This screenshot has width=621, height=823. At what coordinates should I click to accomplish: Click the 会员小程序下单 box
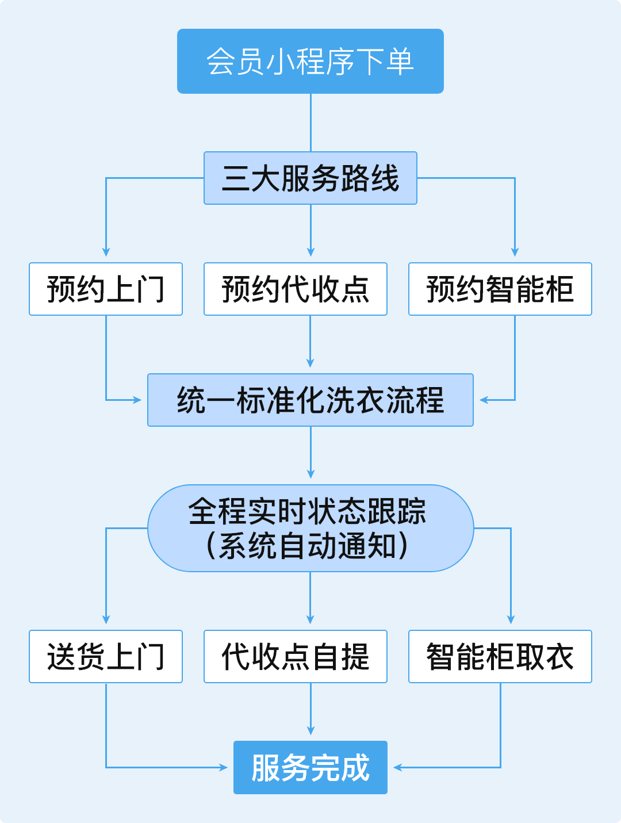coord(310,61)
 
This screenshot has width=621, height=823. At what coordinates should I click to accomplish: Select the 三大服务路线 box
coord(310,178)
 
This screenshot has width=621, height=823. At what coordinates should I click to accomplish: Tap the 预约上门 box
coord(106,289)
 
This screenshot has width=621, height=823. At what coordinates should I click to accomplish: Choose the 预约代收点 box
coord(296,289)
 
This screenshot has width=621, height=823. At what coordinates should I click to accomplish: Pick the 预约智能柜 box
coord(500,289)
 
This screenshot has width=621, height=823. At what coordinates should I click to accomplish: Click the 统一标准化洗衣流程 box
coord(310,400)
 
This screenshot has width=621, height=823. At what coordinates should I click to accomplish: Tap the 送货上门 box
coord(106,656)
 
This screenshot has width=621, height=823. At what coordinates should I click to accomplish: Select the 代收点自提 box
coord(296,656)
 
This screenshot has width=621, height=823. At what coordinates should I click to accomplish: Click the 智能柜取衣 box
coord(500,656)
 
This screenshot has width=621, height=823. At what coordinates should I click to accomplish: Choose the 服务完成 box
coord(310,767)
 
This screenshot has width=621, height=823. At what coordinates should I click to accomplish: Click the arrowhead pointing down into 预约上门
coord(106,252)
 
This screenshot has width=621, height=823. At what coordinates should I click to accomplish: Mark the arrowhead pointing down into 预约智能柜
coord(515,252)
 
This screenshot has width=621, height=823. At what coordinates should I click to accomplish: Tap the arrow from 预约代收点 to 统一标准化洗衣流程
coord(310,342)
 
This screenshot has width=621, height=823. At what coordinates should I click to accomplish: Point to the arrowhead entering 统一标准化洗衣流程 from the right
coord(484,400)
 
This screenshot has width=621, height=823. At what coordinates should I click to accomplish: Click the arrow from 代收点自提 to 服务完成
coord(310,710)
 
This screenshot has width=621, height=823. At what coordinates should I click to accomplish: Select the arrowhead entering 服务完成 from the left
coord(224,767)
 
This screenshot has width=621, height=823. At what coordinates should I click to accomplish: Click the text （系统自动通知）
coord(307,546)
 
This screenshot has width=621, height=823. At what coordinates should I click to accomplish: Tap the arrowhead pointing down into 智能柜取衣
coord(511,619)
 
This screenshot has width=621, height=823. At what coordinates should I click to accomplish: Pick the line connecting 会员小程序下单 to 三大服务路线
coord(310,123)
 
